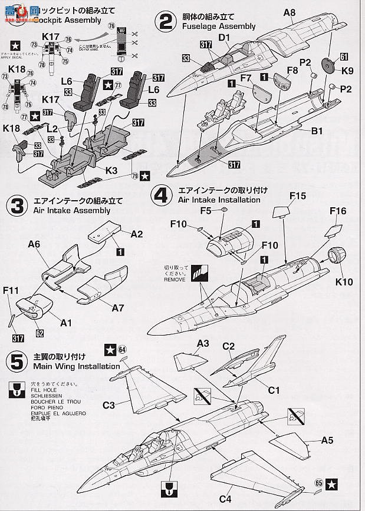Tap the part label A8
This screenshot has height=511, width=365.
[290, 12]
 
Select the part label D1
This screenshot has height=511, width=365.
[224, 38]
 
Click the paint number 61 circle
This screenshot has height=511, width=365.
[344, 57]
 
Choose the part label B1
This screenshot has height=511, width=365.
[317, 131]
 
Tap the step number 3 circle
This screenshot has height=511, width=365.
[15, 205]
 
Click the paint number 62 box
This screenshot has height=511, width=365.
[40, 333]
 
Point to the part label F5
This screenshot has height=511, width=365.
[205, 210]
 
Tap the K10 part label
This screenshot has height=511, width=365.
[344, 282]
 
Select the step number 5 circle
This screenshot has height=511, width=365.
[15, 361]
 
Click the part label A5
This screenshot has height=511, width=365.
[327, 440]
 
